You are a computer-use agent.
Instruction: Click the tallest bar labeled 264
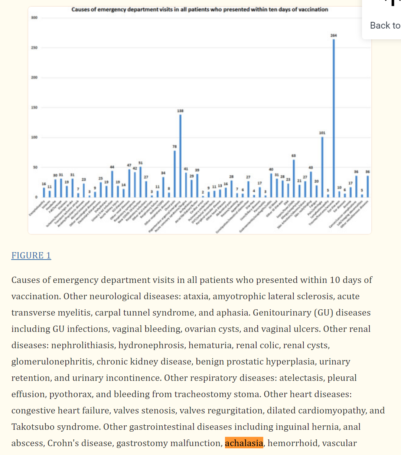tap(333, 119)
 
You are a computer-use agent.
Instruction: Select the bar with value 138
tap(180, 156)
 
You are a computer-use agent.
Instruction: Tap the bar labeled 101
tap(322, 167)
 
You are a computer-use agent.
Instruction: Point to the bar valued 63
tap(294, 178)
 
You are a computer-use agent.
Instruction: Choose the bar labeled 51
tap(140, 182)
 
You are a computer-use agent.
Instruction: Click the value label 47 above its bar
tap(129, 165)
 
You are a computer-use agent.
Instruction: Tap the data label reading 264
tap(333, 35)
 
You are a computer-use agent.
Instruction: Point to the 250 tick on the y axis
tap(34, 48)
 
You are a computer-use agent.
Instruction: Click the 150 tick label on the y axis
tap(34, 108)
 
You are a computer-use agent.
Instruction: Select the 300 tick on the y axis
tap(34, 18)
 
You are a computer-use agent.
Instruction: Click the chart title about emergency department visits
tap(200, 9)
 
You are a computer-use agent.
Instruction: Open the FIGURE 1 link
tap(31, 255)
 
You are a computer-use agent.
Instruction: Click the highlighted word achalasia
tap(244, 443)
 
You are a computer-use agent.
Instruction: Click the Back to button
tap(385, 25)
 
